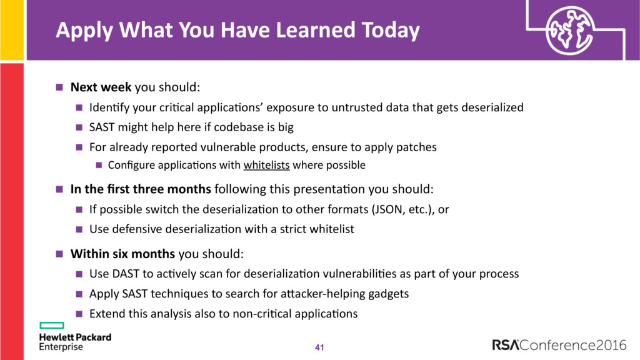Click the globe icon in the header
click(570, 30)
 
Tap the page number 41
click(319, 347)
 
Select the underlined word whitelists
click(266, 165)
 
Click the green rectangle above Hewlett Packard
click(52, 325)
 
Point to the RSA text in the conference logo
click(505, 345)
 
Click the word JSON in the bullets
click(389, 209)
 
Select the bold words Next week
click(101, 87)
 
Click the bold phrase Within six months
click(122, 254)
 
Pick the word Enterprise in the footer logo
click(61, 347)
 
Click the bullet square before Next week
click(59, 87)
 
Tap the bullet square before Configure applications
click(99, 165)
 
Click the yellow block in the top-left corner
click(12, 30)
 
